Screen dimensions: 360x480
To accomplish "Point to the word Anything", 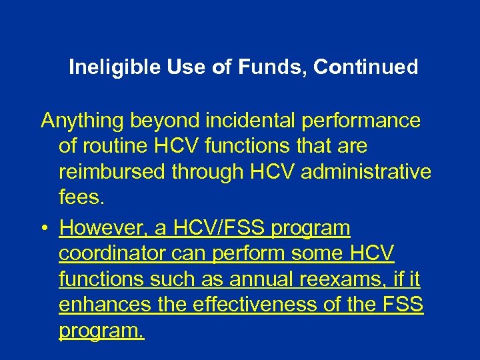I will coord(83,121).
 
